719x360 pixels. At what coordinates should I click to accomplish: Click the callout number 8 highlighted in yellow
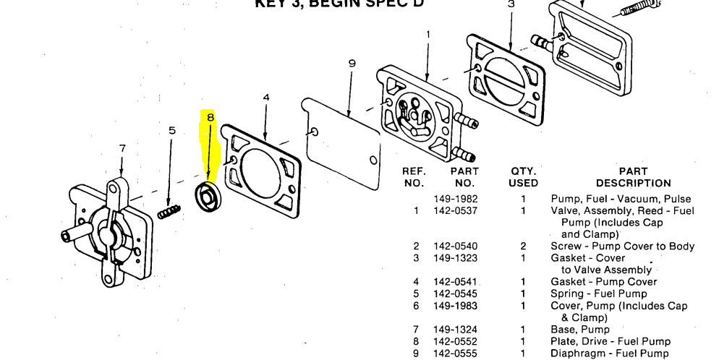point(210,117)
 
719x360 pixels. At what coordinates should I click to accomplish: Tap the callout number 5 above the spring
point(172,131)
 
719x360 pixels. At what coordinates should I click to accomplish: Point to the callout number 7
point(122,148)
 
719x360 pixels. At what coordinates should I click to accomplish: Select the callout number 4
point(266,97)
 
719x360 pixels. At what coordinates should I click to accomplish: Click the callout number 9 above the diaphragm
point(352,64)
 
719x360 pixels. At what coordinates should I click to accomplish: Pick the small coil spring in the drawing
point(169,211)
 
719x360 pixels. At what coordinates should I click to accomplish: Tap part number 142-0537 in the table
point(456,211)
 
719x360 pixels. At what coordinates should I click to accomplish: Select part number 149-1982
point(456,199)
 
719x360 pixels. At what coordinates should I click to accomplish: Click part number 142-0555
point(456,353)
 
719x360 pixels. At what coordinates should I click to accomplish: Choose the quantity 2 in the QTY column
point(523,247)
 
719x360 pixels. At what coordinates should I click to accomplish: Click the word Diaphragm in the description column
point(579,353)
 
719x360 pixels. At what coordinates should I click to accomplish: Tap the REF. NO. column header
point(414,177)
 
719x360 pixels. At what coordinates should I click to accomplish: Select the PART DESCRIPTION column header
point(634,177)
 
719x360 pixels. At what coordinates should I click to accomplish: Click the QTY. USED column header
point(523,177)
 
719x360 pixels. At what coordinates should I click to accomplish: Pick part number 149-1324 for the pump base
point(456,330)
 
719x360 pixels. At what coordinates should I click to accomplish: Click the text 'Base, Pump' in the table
point(580,330)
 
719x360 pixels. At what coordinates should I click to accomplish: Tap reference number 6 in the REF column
point(416,306)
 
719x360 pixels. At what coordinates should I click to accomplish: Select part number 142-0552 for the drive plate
point(456,341)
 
